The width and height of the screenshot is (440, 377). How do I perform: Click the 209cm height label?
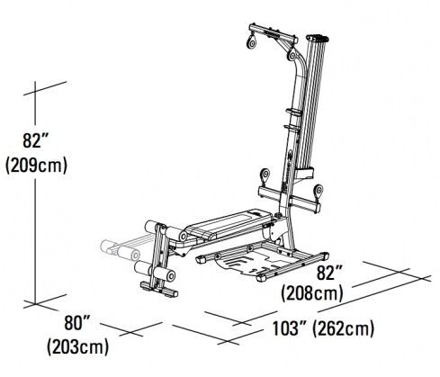click(x=36, y=166)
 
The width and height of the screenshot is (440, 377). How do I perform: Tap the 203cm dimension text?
click(x=77, y=347)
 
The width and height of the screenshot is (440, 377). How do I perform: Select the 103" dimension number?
click(x=289, y=328)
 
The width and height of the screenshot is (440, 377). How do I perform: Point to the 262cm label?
click(x=344, y=328)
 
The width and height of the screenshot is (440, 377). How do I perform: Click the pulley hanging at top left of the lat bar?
click(x=252, y=41)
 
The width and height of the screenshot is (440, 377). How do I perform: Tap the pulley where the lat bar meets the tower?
click(x=292, y=54)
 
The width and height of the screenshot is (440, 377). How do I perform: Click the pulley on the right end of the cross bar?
click(x=318, y=192)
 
